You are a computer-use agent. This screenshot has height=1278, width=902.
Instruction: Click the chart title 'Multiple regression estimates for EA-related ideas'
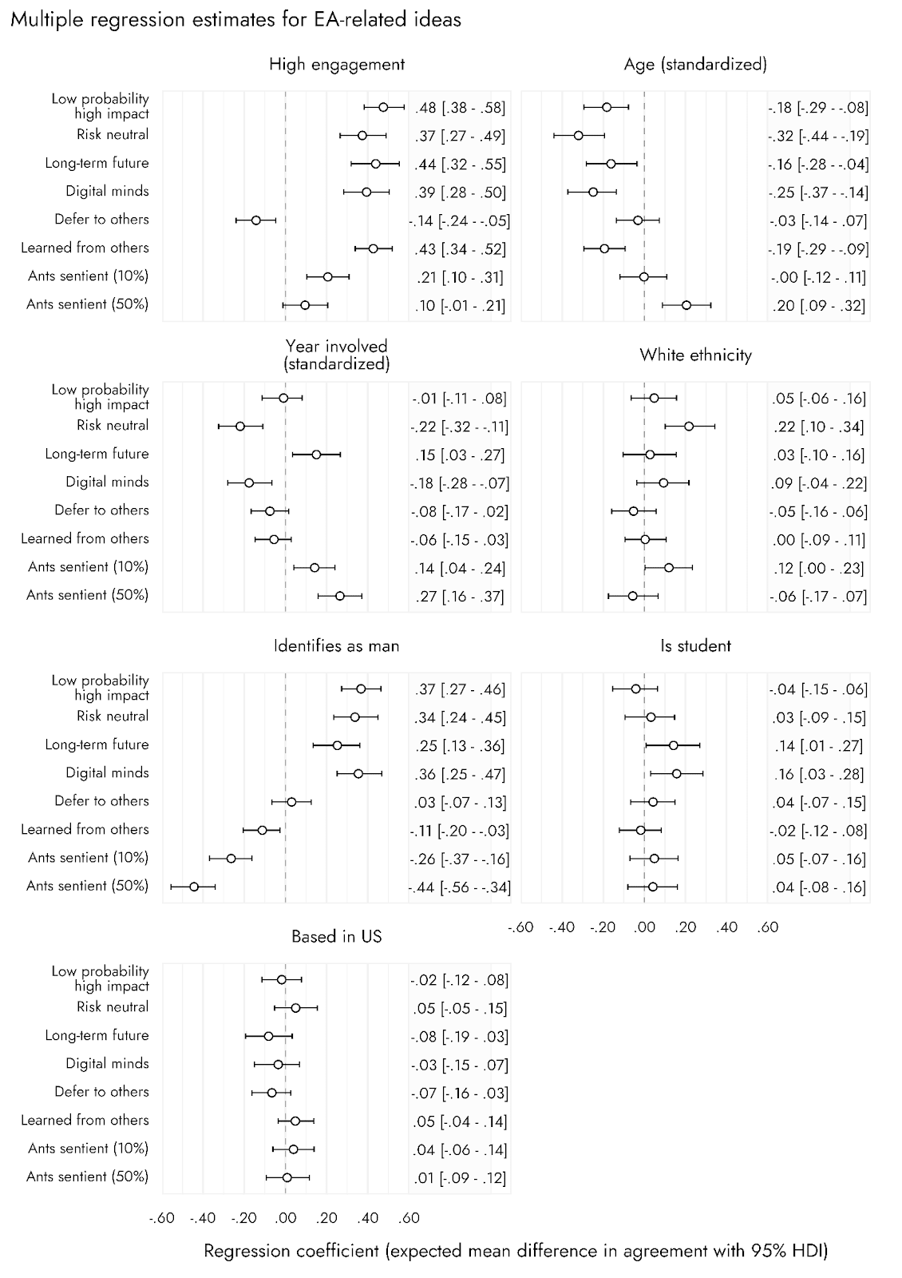pos(235,20)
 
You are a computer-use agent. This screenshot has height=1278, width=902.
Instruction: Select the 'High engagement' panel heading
pos(336,65)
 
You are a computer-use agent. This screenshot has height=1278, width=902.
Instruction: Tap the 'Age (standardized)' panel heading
pos(695,65)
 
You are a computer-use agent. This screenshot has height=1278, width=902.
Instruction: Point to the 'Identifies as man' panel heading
pos(336,645)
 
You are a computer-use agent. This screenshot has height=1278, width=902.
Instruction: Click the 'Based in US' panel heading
pos(336,936)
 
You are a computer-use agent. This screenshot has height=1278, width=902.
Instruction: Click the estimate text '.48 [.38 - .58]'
pos(461,108)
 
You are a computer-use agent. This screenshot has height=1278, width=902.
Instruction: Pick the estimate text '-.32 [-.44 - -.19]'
pos(818,136)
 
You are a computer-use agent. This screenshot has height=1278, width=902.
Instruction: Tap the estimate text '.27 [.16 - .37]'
pos(461,597)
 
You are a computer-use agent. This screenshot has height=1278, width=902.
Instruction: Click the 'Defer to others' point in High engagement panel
pos(256,220)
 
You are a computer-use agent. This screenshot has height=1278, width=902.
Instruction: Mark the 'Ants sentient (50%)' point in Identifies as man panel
pos(194,887)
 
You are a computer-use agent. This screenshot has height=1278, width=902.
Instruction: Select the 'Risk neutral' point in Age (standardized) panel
pos(579,136)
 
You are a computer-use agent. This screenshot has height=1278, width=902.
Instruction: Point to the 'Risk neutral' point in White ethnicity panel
pos(689,427)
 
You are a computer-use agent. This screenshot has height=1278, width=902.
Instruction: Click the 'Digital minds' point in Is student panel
pos(677,773)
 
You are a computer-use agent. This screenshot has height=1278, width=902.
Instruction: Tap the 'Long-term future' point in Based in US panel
pos(268,1036)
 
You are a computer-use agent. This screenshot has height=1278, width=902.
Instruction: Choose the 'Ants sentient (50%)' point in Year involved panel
pos(340,596)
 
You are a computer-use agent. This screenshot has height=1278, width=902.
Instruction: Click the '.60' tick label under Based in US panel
pos(408,1218)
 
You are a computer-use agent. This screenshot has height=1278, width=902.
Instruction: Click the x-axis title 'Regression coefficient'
pos(516,1251)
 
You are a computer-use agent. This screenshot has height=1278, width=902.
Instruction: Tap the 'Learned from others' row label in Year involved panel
pos(85,538)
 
